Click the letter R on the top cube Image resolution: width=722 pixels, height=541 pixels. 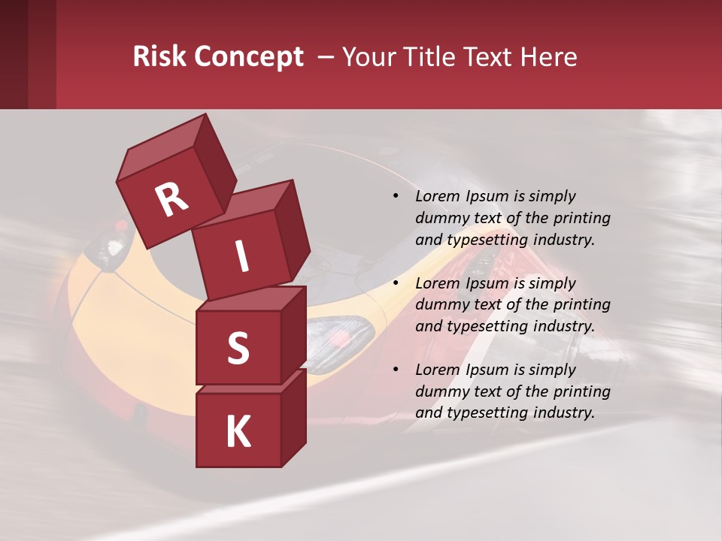pyautogui.click(x=171, y=200)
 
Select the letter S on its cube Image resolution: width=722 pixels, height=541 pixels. pyautogui.click(x=238, y=347)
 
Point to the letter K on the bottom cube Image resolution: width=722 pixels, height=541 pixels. pyautogui.click(x=238, y=432)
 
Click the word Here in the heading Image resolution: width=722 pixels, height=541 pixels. pyautogui.click(x=550, y=57)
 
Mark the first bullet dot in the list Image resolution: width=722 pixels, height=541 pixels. pyautogui.click(x=396, y=197)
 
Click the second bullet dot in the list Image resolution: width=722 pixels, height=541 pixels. pyautogui.click(x=396, y=283)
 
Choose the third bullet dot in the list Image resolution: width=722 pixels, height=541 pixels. pyautogui.click(x=396, y=370)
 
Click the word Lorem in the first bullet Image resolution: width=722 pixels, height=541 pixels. pyautogui.click(x=436, y=196)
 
